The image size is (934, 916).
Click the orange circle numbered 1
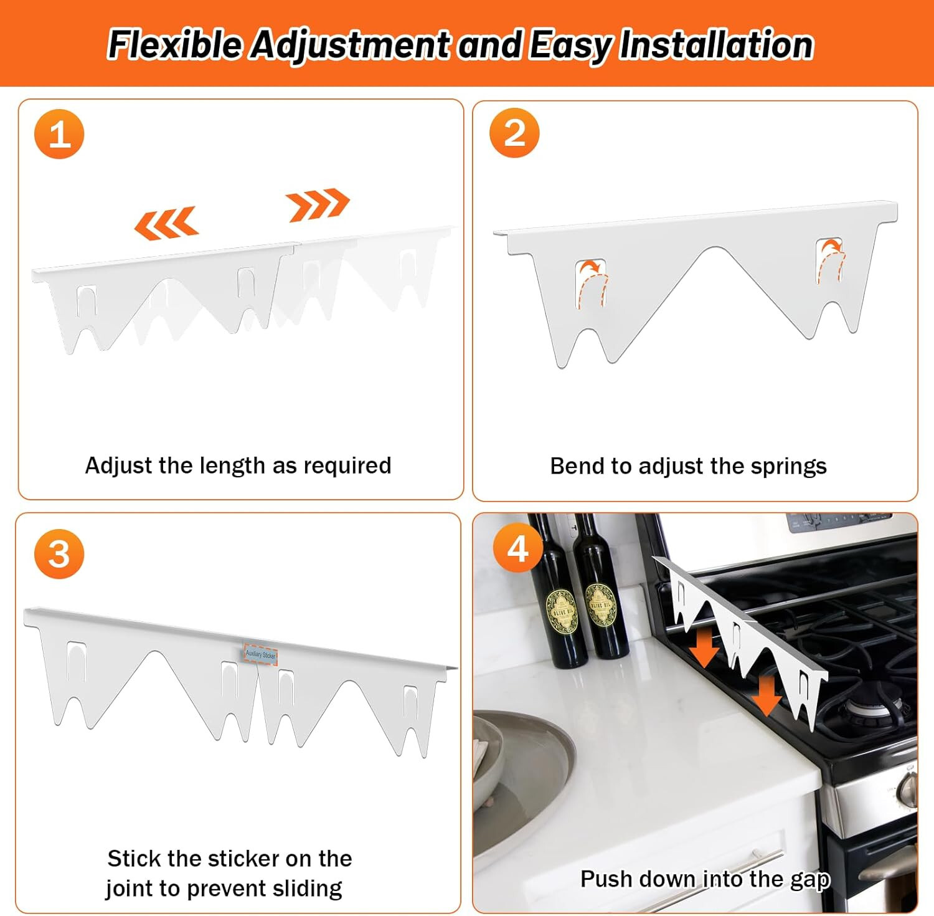click(59, 134)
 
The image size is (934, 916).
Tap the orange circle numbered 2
click(514, 133)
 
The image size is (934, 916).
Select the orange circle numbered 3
click(59, 554)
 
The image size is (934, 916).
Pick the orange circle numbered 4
click(517, 548)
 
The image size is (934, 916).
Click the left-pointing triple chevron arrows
click(166, 223)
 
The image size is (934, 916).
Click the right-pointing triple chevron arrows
click(318, 204)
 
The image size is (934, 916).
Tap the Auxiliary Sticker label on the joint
click(260, 654)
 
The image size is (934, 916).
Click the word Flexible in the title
click(175, 45)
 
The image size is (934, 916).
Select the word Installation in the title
click(716, 45)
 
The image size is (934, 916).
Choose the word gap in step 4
click(810, 879)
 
